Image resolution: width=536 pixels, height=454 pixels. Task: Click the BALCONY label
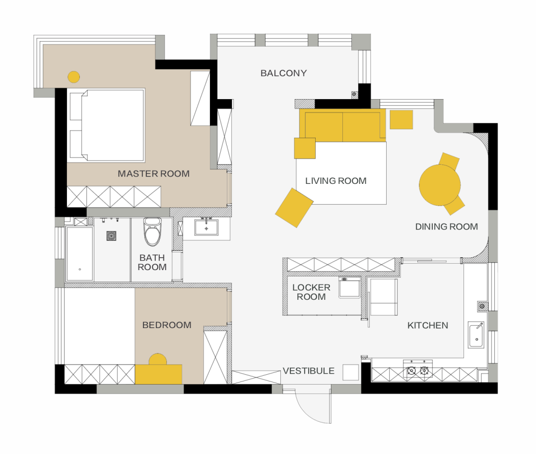click(283, 73)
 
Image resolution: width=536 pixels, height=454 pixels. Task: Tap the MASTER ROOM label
click(153, 174)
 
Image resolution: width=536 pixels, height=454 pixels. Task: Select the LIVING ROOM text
click(335, 181)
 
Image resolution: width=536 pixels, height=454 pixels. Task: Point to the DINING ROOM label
click(447, 227)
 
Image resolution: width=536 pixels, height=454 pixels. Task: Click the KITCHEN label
click(428, 325)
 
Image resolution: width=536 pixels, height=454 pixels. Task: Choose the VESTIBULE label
click(308, 371)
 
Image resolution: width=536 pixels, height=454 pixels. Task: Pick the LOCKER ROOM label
click(311, 292)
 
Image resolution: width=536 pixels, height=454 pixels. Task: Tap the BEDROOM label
click(167, 325)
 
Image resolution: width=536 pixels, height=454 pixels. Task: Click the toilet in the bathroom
click(152, 231)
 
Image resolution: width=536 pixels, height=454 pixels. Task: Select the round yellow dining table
click(440, 185)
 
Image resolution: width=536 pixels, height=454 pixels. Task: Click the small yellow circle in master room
click(74, 77)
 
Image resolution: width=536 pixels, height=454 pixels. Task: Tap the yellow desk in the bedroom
click(158, 374)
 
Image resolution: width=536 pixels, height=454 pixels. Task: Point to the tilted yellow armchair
click(294, 208)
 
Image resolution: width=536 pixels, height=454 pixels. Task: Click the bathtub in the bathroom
click(79, 253)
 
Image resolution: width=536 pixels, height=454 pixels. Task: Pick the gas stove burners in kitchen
click(418, 370)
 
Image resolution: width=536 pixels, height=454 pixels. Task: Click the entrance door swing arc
click(309, 412)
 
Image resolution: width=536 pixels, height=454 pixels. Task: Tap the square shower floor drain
click(112, 236)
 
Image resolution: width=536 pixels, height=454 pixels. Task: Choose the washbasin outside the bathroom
click(206, 227)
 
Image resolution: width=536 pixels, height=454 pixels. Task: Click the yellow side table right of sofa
click(402, 119)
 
